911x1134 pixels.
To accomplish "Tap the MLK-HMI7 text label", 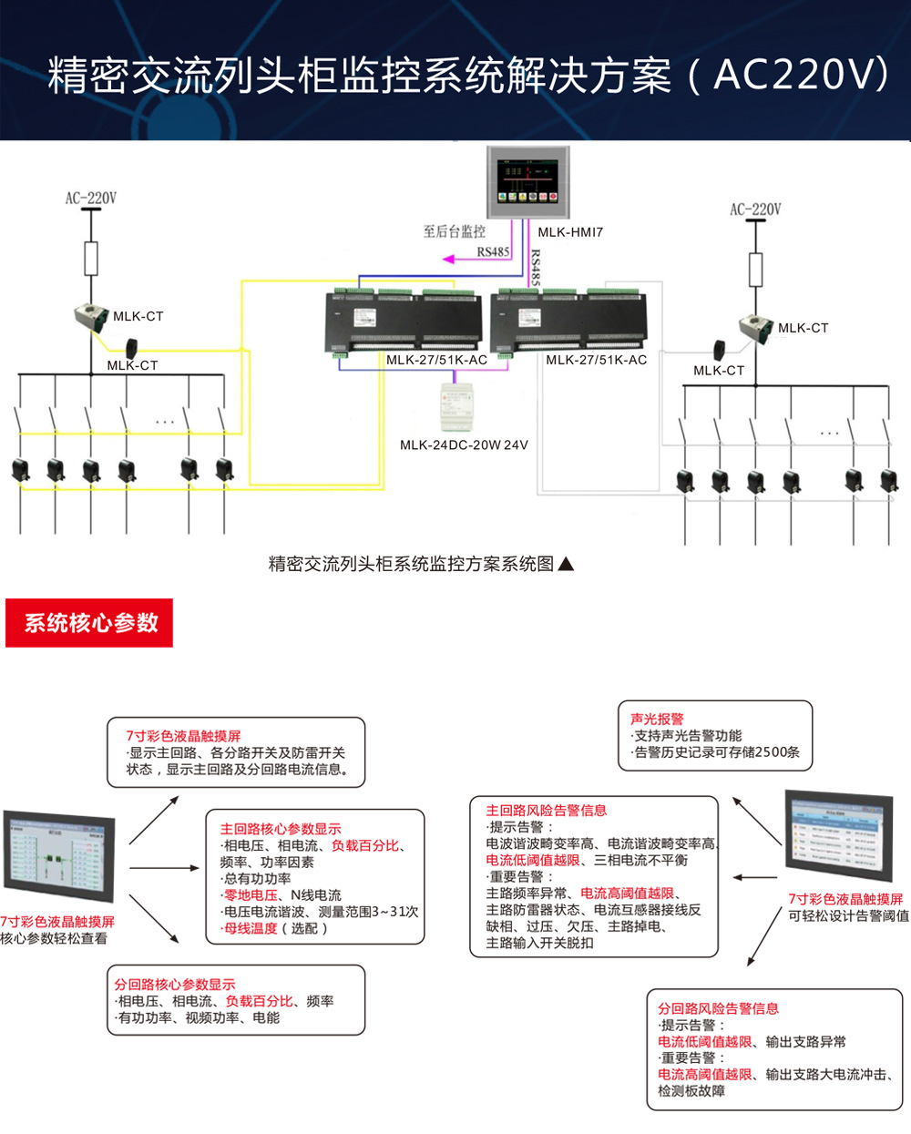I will pyautogui.click(x=570, y=232).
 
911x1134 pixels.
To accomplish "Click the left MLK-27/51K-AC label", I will pyautogui.click(x=436, y=360).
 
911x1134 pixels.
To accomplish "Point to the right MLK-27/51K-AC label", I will pyautogui.click(x=597, y=360).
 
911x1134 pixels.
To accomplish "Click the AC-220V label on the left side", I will pyautogui.click(x=91, y=198).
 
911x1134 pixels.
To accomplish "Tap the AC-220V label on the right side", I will pyautogui.click(x=755, y=209).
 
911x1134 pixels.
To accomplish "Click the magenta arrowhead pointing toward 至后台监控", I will pyautogui.click(x=448, y=260).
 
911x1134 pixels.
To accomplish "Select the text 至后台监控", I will pyautogui.click(x=454, y=232).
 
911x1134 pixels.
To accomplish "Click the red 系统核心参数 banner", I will pyautogui.click(x=89, y=623).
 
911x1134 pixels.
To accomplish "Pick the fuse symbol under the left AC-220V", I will pyautogui.click(x=91, y=259).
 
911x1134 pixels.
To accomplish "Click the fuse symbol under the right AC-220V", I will pyautogui.click(x=755, y=270).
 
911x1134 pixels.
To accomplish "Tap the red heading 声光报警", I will pyautogui.click(x=657, y=719).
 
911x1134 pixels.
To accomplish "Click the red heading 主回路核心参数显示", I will pyautogui.click(x=281, y=829).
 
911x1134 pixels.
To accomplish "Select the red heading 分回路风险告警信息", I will pyautogui.click(x=718, y=1008).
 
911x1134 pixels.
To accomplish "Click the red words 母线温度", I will pyautogui.click(x=251, y=928).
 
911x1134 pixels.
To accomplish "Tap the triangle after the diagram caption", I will pyautogui.click(x=566, y=564).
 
